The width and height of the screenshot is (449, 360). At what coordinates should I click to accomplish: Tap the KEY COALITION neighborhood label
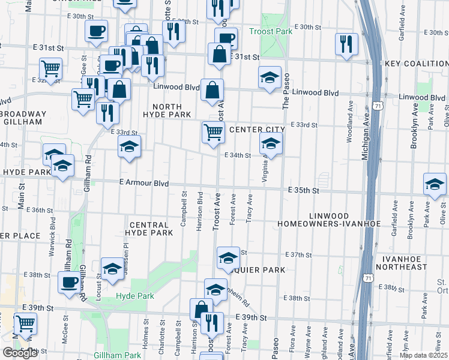(417, 64)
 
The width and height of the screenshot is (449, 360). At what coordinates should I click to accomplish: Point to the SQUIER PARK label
(260, 270)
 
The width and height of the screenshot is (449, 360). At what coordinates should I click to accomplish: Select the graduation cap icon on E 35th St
(435, 185)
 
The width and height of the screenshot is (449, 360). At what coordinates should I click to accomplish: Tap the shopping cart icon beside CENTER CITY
(213, 131)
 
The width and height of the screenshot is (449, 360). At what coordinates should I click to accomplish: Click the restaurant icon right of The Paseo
(346, 44)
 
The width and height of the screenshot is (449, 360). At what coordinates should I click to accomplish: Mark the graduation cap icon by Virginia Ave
(271, 143)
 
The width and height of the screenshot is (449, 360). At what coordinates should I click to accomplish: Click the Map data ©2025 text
(424, 354)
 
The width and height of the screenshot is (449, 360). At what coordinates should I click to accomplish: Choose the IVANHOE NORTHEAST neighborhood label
(412, 262)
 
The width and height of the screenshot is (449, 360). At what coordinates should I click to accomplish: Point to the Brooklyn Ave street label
(414, 130)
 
